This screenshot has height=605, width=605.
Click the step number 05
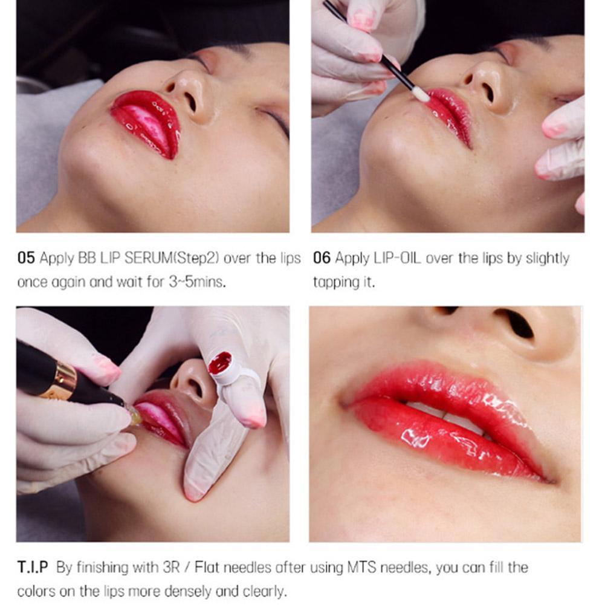tap(26, 259)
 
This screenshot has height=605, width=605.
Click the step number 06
tap(322, 259)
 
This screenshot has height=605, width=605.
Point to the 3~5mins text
tap(198, 282)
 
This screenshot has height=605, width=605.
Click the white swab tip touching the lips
tap(421, 95)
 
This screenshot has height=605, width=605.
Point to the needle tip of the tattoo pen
tap(134, 417)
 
